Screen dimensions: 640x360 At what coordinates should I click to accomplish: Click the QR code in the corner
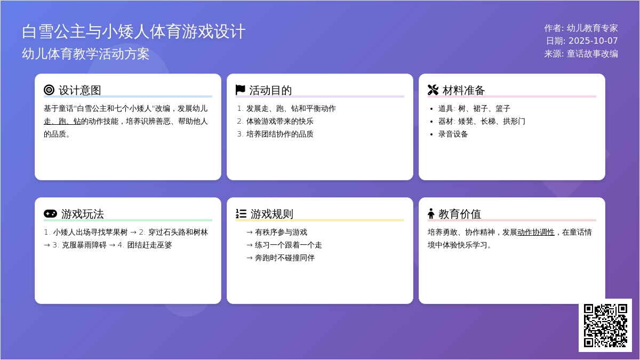click(605, 325)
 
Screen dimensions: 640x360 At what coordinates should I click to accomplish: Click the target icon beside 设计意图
click(49, 90)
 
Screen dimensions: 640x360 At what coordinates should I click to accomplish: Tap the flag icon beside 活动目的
click(241, 90)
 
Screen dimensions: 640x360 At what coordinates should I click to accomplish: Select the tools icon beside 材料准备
click(433, 90)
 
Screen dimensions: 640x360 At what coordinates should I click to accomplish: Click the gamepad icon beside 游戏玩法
click(50, 213)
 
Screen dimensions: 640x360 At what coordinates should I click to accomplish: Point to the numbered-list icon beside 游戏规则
click(241, 213)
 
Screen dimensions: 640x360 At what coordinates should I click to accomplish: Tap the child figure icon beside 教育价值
click(431, 213)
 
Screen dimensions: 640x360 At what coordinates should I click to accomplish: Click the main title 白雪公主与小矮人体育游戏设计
click(133, 31)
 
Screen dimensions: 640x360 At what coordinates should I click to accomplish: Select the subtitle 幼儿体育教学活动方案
click(85, 54)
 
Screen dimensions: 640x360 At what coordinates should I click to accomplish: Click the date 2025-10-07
click(593, 41)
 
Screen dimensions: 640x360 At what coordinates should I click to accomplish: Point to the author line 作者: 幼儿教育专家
click(581, 28)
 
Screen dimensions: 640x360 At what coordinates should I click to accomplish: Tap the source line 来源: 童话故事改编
click(581, 54)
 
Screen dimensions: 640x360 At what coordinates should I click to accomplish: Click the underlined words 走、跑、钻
click(62, 122)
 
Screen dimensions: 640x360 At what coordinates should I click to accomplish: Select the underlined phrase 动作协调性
click(535, 233)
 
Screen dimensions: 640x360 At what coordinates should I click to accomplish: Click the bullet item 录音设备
click(453, 134)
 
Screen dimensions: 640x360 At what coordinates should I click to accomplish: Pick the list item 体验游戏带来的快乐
click(279, 122)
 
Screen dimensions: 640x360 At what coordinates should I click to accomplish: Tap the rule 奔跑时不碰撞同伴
click(285, 258)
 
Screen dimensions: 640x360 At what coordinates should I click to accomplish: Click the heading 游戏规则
click(271, 214)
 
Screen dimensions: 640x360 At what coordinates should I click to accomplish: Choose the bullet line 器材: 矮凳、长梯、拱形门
click(482, 122)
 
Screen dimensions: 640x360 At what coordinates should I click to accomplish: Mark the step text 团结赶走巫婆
click(149, 245)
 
